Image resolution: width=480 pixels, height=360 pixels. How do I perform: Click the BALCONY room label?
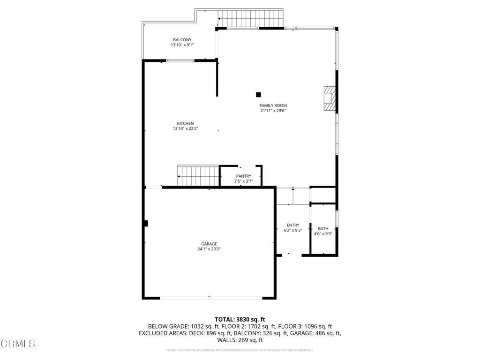point(182,40)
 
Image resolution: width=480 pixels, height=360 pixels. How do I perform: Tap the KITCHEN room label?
point(185,123)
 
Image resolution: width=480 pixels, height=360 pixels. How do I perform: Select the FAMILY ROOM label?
point(273,105)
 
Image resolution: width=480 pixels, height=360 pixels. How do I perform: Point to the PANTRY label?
point(243,176)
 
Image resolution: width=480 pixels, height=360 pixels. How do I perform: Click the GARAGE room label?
point(209,244)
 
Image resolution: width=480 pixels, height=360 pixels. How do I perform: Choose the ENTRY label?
point(293,225)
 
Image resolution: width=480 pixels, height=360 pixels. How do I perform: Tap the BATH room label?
point(323,228)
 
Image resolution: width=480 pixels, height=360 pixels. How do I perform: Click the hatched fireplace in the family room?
point(330,98)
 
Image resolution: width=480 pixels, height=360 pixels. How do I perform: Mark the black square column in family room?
point(258,94)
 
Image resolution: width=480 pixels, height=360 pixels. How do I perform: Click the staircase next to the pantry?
point(198,175)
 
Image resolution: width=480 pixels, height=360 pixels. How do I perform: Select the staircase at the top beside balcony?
point(252,18)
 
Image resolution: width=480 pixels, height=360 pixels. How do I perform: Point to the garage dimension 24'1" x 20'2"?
point(209,249)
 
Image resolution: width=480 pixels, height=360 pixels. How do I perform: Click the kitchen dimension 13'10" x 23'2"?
point(185,128)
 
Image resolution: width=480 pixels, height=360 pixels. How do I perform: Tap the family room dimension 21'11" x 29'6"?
point(273,111)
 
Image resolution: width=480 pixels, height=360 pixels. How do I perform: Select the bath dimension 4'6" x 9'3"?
point(323,233)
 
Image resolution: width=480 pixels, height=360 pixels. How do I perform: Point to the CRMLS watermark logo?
point(18,344)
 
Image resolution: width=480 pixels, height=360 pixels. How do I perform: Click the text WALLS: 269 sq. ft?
point(240,340)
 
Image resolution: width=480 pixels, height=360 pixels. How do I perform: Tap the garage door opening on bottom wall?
point(211,297)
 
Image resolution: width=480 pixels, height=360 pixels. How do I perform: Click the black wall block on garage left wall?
point(146,224)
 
